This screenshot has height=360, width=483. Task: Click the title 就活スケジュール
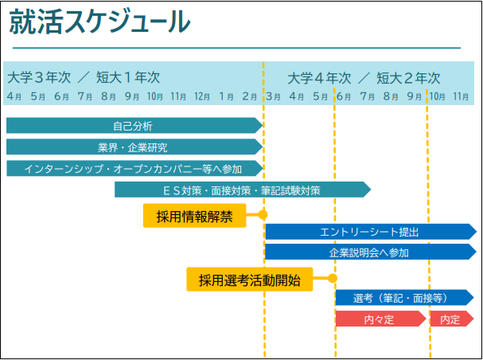pyautogui.click(x=99, y=22)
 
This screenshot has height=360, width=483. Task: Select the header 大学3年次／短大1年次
pyautogui.click(x=84, y=78)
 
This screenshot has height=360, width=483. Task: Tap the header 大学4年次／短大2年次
pyautogui.click(x=364, y=78)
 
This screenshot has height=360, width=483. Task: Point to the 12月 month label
pyautogui.click(x=202, y=97)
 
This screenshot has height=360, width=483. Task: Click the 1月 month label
pyautogui.click(x=227, y=97)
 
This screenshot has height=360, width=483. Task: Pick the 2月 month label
pyautogui.click(x=250, y=97)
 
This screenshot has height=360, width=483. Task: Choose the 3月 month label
pyautogui.click(x=273, y=97)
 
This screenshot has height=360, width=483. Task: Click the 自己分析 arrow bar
pyautogui.click(x=134, y=126)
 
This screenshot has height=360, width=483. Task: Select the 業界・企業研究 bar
pyautogui.click(x=134, y=147)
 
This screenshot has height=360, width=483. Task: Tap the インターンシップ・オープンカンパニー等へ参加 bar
pyautogui.click(x=134, y=168)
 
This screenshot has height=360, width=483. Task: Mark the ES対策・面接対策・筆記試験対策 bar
pyautogui.click(x=243, y=190)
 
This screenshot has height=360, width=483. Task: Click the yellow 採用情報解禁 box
pyautogui.click(x=195, y=216)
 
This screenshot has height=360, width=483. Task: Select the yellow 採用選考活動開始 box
pyautogui.click(x=250, y=280)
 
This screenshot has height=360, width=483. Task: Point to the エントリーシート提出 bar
pyautogui.click(x=371, y=232)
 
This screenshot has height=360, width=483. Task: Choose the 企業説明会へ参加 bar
pyautogui.click(x=371, y=252)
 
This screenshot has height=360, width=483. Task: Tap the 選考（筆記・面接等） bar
pyautogui.click(x=405, y=297)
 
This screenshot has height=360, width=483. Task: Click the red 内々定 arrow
pyautogui.click(x=380, y=319)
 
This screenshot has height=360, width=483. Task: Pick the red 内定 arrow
pyautogui.click(x=452, y=319)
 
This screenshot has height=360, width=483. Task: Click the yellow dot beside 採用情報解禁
pyautogui.click(x=263, y=214)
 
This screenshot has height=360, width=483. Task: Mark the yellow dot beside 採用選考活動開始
pyautogui.click(x=332, y=278)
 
